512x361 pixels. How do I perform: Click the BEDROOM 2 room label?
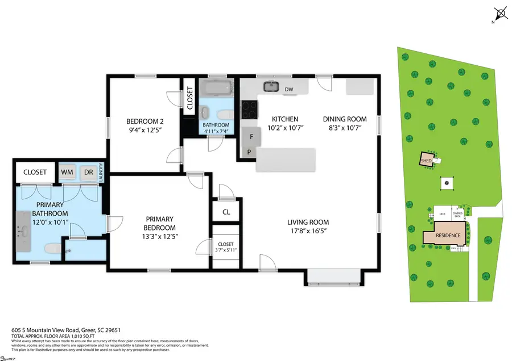141,121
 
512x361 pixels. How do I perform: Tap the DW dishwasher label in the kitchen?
289,89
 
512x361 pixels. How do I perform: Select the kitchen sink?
271,87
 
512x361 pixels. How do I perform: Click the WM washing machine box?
67,172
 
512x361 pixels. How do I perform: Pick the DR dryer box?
88,172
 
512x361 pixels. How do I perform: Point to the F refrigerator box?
249,136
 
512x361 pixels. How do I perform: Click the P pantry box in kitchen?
249,152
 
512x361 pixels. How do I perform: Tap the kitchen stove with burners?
249,110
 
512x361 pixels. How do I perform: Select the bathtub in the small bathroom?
216,89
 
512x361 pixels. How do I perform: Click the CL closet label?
226,212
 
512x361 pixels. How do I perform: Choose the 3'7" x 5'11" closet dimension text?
226,248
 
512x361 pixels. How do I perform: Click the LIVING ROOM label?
308,222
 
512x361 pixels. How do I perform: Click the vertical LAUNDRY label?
100,171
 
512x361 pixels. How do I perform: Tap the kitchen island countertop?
286,159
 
